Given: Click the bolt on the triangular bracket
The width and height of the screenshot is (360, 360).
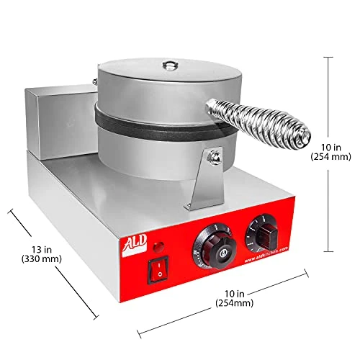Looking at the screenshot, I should (x=213, y=156).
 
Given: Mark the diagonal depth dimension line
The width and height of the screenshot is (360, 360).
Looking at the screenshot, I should (x=53, y=263).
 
